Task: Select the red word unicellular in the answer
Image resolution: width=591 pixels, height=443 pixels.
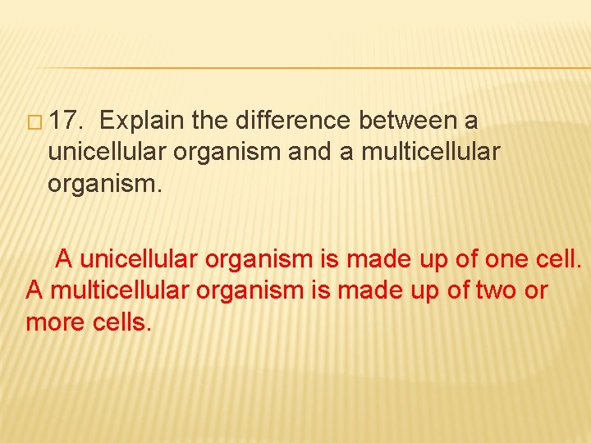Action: click(140, 260)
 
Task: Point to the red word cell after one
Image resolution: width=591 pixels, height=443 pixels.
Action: click(556, 260)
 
